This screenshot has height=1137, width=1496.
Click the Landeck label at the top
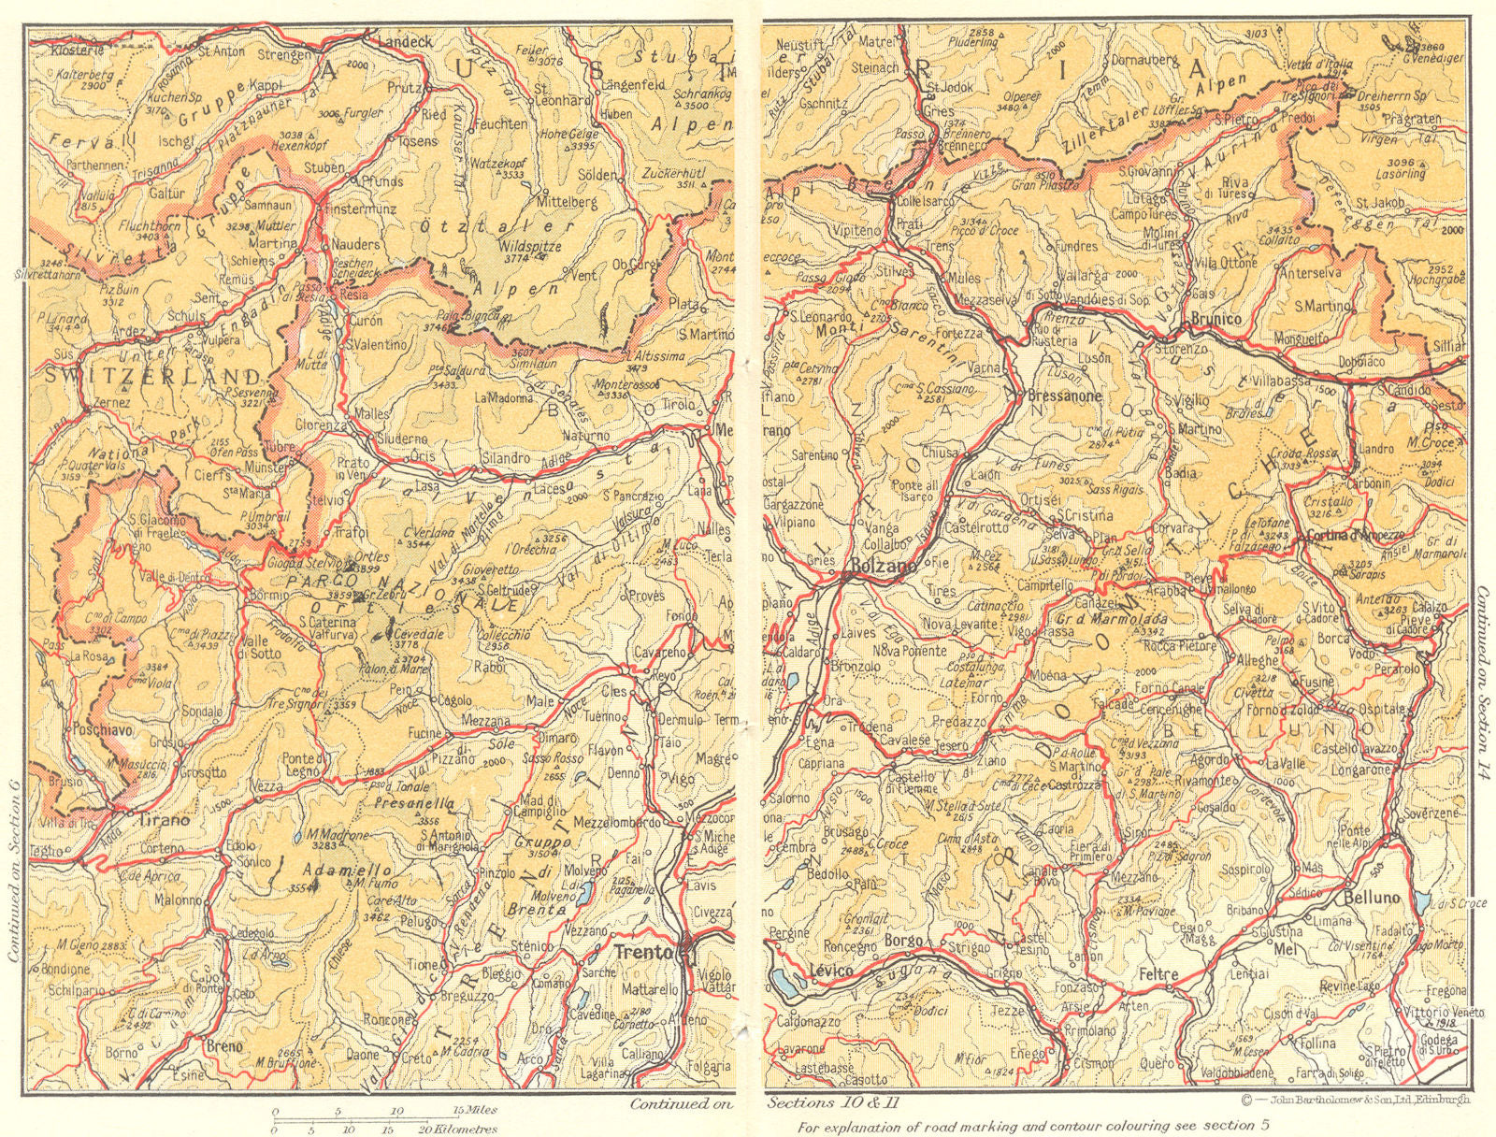404,42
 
